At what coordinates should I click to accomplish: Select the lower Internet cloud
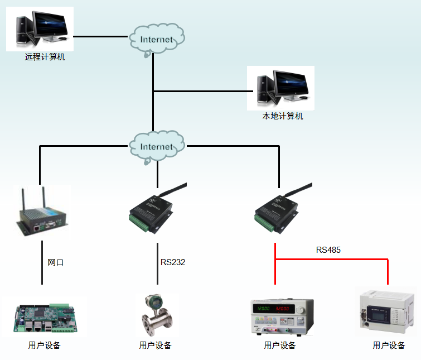(156, 146)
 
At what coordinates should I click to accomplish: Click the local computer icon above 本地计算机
(280, 88)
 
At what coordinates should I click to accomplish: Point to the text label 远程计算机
(45, 57)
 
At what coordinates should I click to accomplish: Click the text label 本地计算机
(283, 117)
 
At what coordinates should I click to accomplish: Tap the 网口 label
(56, 262)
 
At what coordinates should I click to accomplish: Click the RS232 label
(173, 262)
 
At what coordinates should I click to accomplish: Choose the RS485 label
(328, 250)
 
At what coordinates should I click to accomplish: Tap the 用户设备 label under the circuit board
(44, 345)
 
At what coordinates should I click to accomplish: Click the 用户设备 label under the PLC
(389, 345)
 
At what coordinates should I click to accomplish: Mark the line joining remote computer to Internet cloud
(100, 36)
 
